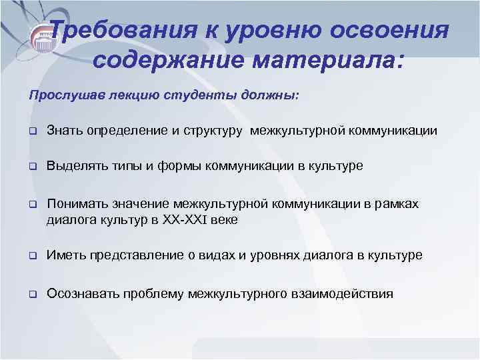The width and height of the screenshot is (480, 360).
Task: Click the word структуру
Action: click(211, 130)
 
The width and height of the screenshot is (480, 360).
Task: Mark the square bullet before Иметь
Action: click(31, 256)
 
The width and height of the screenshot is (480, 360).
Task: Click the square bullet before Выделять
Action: click(31, 166)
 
